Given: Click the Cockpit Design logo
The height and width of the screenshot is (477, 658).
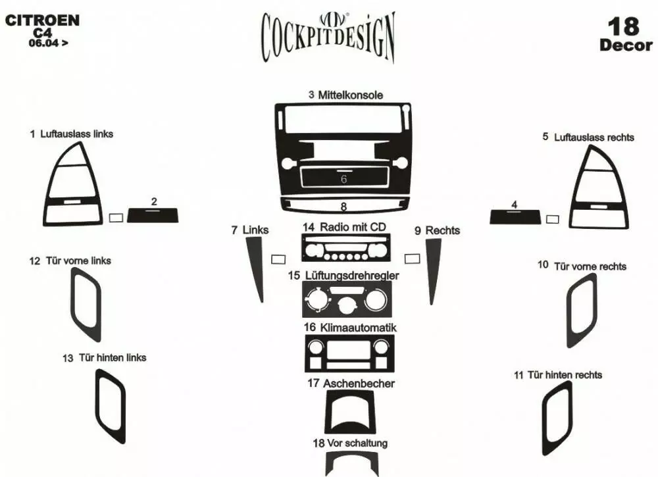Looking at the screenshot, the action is point(328,37).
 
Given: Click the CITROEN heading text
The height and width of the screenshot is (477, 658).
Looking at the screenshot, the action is point(42,20).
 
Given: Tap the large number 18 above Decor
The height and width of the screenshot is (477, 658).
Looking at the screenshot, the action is point(623,26).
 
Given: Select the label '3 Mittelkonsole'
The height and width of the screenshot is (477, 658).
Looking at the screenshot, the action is point(346,95).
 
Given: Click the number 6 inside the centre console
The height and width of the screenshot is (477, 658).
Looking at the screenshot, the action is point(343,179).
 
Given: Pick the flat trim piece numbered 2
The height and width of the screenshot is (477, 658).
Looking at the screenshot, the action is point(153,215).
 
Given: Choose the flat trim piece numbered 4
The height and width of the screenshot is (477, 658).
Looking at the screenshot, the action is point(515,216).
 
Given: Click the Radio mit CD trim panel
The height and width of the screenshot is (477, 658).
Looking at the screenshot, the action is point(346,248).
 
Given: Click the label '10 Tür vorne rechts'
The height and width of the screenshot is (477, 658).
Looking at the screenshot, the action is point(582,266).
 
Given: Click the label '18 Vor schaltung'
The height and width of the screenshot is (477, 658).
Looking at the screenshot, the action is point(350,443).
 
